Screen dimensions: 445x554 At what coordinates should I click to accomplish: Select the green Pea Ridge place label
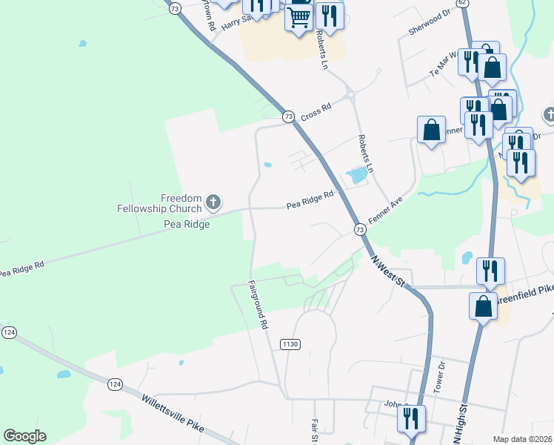[187, 224]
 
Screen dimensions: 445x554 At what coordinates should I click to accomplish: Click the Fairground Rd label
[258, 304]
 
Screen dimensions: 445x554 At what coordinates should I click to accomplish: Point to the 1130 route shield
[290, 344]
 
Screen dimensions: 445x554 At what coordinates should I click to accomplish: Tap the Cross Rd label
[316, 111]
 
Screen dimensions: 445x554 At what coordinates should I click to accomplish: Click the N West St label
[390, 271]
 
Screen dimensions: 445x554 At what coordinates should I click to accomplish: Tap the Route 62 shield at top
[463, 3]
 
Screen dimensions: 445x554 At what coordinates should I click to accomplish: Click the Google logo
[24, 436]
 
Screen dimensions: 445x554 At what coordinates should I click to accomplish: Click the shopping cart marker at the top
[298, 15]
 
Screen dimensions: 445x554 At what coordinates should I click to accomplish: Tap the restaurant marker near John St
[411, 419]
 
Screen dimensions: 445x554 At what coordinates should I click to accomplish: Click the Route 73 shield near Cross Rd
[289, 116]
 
